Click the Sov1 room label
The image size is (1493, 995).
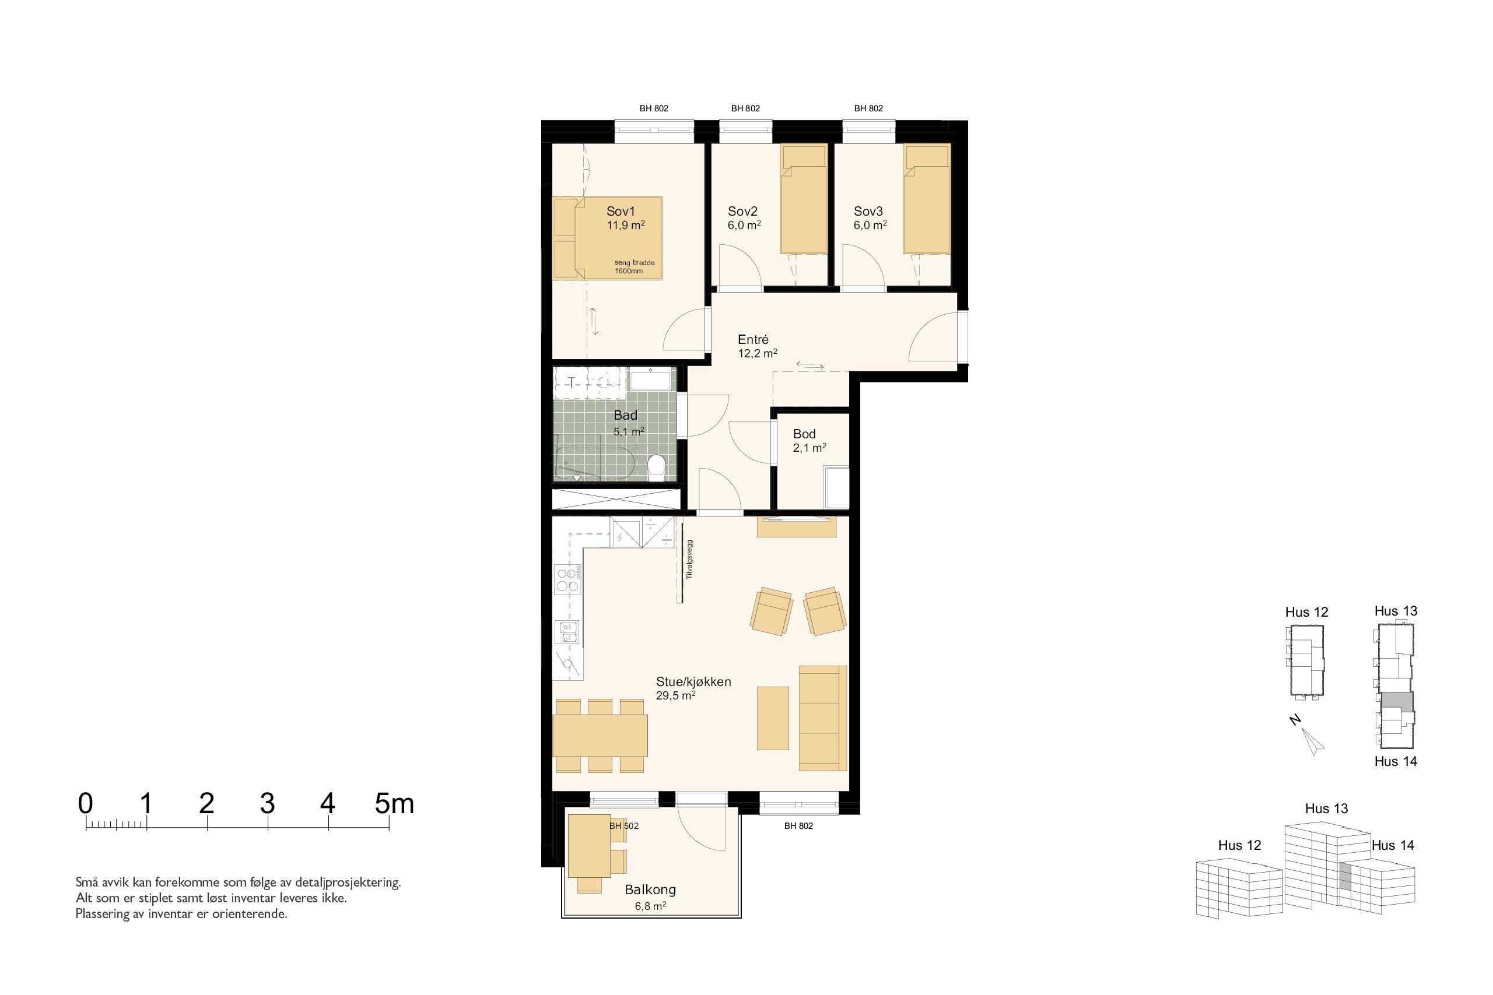620,212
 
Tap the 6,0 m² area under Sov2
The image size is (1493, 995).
744,225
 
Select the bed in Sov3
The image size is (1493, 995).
927,200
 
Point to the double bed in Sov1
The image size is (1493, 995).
608,238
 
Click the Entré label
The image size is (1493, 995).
753,339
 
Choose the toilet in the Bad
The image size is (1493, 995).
656,465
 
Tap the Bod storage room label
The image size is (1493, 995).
804,434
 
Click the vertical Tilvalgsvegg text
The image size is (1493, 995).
690,559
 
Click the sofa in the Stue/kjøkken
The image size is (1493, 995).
823,718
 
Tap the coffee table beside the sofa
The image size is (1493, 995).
773,718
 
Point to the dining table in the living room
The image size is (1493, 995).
600,736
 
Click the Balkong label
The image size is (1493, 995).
650,889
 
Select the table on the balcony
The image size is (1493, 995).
589,845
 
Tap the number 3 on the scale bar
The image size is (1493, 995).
267,803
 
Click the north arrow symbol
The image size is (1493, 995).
1313,740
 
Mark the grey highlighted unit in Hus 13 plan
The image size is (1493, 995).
1397,701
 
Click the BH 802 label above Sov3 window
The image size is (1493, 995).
868,108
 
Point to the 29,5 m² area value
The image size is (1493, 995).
675,695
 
